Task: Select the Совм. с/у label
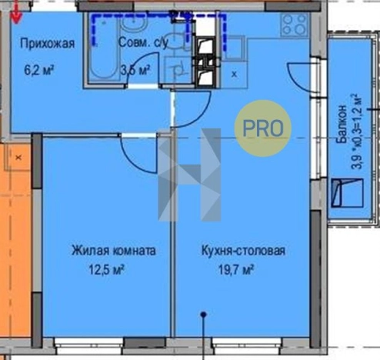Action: click(x=143, y=44)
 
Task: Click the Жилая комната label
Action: click(x=114, y=251)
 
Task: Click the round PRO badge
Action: click(x=262, y=127)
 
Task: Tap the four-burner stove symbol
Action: click(x=294, y=26)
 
